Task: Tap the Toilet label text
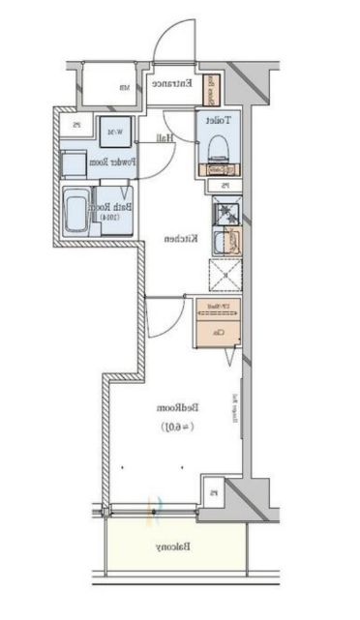[217, 120]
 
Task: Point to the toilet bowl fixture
[217, 148]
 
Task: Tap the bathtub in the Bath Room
[75, 210]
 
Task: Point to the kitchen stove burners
[224, 212]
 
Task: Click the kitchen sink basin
[223, 242]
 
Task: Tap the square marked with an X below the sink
[225, 275]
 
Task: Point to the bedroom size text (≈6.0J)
[175, 427]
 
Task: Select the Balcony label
[173, 548]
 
